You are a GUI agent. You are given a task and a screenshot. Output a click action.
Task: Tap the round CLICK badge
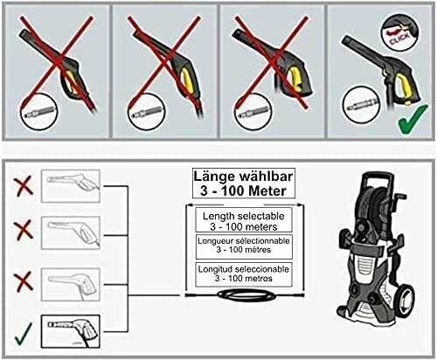[399, 32]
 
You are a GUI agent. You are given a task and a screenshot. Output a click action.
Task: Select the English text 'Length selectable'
[244, 216]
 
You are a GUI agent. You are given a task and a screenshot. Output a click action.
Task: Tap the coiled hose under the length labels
[246, 295]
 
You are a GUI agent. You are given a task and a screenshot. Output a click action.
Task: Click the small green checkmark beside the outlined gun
[24, 334]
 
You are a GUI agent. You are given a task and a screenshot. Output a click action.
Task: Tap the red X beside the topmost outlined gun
[24, 186]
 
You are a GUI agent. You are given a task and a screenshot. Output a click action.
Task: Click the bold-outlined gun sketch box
[71, 331]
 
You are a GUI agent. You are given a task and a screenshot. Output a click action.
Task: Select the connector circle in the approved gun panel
[361, 105]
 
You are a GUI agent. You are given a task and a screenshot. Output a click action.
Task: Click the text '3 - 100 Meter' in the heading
[244, 191]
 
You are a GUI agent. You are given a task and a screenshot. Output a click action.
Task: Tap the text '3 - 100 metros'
[244, 279]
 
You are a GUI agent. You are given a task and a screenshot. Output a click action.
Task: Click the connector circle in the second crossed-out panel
[146, 111]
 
